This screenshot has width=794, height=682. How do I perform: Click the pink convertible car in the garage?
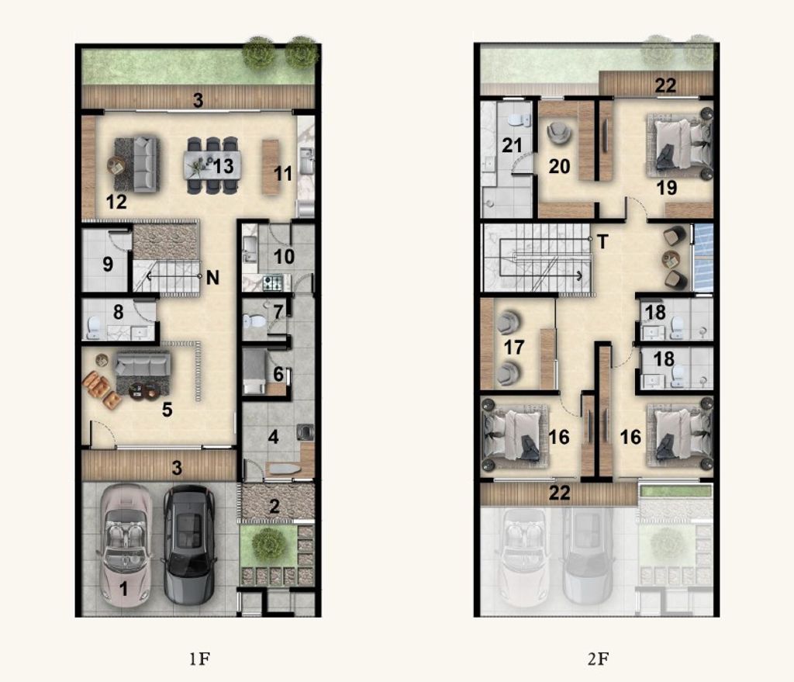click(x=126, y=545)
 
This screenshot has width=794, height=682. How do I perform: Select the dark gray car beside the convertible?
click(x=188, y=545)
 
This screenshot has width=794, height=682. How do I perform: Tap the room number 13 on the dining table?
click(x=223, y=166)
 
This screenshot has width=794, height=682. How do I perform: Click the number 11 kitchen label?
click(x=282, y=174)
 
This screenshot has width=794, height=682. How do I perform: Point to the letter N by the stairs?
click(x=212, y=278)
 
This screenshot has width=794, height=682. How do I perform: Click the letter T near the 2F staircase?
click(x=602, y=242)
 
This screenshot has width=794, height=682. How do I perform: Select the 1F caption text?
click(x=199, y=659)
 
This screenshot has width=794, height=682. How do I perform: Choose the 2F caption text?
click(x=598, y=659)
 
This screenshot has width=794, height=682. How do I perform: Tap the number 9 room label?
click(x=108, y=264)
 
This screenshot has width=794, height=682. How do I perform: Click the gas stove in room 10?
click(x=273, y=282)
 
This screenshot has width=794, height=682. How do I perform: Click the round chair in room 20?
click(x=560, y=133)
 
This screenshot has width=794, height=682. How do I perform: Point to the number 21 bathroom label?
click(x=512, y=145)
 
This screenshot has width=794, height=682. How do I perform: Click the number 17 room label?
click(x=513, y=348)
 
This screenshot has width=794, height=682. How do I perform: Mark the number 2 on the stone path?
click(x=274, y=506)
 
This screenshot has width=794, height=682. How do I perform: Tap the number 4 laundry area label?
click(x=274, y=436)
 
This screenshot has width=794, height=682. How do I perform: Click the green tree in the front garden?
click(x=267, y=545)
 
